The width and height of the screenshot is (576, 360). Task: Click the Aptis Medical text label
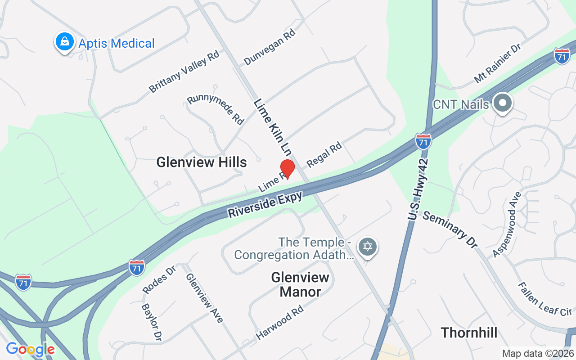click(117, 43)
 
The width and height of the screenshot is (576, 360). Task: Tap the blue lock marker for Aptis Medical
click(65, 42)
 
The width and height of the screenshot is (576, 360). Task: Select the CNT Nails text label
click(460, 104)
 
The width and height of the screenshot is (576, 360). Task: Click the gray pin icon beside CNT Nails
click(502, 103)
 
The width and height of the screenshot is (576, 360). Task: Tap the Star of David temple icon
click(368, 247)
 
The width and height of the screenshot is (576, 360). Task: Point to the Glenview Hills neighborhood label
click(202, 162)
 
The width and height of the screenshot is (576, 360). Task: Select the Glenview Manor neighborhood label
click(300, 284)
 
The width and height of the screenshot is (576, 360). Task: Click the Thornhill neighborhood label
click(469, 333)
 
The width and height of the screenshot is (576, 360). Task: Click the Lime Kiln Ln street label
click(272, 126)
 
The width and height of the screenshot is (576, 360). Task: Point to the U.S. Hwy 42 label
click(418, 189)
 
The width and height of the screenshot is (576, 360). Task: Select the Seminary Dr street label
click(450, 229)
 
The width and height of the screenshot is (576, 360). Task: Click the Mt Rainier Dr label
click(497, 63)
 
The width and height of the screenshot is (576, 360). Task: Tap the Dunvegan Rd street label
click(269, 47)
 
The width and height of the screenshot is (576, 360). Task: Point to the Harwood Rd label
click(279, 322)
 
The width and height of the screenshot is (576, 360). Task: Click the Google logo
click(30, 349)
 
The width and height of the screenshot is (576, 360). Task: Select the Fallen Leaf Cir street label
click(544, 299)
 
